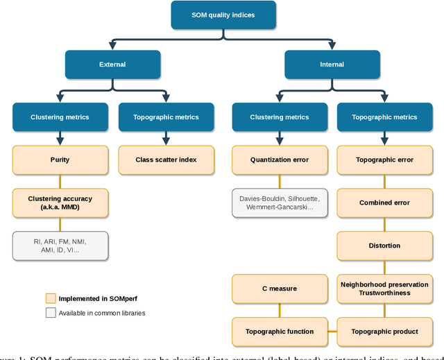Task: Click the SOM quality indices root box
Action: pos(223,15)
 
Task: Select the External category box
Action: pos(112,65)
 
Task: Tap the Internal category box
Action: pos(332,65)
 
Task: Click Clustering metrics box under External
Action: pos(60,117)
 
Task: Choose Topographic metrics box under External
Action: pos(165,117)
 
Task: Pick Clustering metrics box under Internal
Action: pos(280,117)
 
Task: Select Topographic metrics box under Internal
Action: pos(384,117)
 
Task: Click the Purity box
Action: pos(60,160)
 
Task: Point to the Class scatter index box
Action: pos(165,160)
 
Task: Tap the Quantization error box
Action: pos(280,160)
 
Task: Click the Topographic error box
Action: pos(384,160)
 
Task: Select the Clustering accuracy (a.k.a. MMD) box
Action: pos(60,203)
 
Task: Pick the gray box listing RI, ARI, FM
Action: pos(60,246)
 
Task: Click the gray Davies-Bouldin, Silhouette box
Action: pos(280,203)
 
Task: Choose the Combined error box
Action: pos(384,203)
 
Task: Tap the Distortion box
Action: pos(384,246)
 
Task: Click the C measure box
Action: pos(280,289)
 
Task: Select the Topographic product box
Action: pos(384,332)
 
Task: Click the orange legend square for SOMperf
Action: pos(50,299)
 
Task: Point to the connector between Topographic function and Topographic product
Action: pos(332,332)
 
